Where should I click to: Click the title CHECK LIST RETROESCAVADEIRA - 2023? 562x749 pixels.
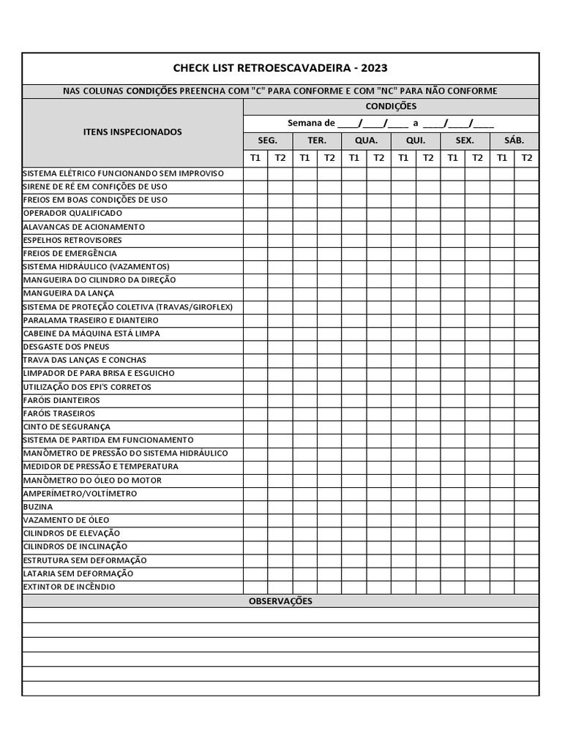(x=280, y=68)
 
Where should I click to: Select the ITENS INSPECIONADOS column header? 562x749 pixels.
(x=132, y=132)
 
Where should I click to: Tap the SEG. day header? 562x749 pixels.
(x=268, y=140)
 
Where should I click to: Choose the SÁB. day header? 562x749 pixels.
(x=514, y=140)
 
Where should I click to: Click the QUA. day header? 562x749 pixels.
(x=366, y=140)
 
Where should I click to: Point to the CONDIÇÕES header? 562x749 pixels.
(x=391, y=106)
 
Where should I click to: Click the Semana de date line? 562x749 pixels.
(x=391, y=123)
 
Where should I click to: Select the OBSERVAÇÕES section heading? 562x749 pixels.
(x=280, y=601)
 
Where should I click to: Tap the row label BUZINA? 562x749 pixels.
(x=38, y=506)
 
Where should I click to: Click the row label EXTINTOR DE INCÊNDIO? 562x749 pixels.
(x=69, y=587)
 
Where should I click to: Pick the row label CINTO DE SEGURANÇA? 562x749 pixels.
(x=67, y=426)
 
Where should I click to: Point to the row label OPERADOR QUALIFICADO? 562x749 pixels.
(x=72, y=213)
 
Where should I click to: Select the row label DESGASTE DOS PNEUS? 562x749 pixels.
(x=67, y=347)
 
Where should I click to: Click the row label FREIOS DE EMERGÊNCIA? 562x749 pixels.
(x=70, y=253)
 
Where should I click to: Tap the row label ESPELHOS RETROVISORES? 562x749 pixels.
(x=72, y=240)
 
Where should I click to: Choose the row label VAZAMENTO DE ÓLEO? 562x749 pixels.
(x=67, y=520)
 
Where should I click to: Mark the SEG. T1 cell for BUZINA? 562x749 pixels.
(x=255, y=506)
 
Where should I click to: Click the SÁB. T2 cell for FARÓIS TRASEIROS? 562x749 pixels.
(x=527, y=413)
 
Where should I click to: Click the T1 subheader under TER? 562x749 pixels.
(x=305, y=157)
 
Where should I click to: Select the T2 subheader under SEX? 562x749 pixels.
(x=477, y=157)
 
